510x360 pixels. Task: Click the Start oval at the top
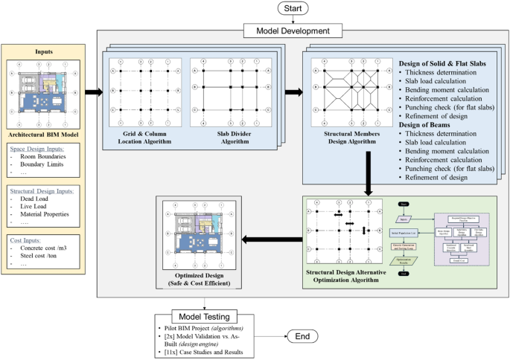click(x=293, y=8)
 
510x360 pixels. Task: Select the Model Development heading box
click(x=293, y=30)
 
